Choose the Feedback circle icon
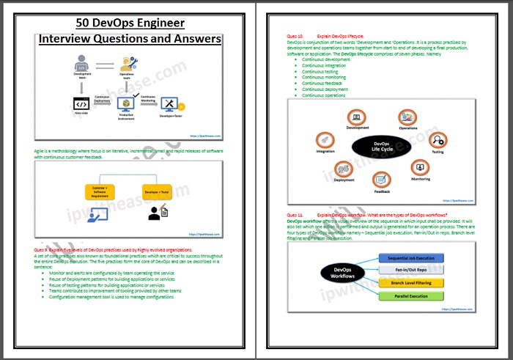coord(381,178)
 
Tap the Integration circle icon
coord(325,141)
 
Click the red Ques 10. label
coord(294,35)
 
